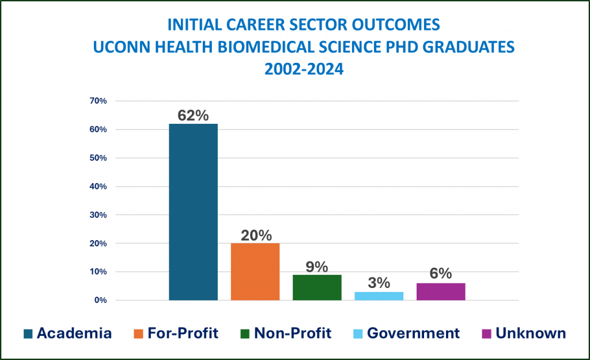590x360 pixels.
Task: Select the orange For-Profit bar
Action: click(255, 271)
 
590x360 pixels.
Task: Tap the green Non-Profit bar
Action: click(317, 287)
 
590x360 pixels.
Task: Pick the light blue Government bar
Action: click(379, 296)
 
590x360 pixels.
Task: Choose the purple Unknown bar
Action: click(441, 291)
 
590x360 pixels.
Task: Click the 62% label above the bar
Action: click(193, 115)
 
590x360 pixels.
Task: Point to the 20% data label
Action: click(255, 235)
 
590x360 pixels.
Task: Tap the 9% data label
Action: click(317, 267)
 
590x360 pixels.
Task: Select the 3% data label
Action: click(379, 283)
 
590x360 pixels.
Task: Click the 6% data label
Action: click(441, 274)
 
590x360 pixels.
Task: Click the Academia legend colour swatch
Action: click(28, 334)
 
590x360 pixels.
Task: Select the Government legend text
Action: click(413, 333)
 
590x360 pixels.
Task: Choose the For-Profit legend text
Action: click(183, 333)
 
